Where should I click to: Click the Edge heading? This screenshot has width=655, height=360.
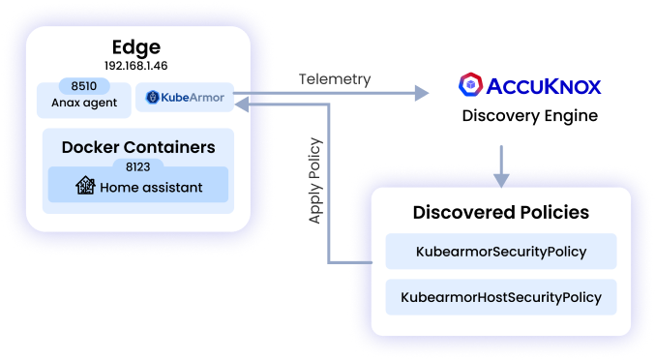(x=135, y=47)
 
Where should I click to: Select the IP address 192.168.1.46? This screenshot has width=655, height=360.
(x=135, y=67)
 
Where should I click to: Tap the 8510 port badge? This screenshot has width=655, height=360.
(x=84, y=84)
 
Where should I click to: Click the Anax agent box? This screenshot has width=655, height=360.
(x=84, y=103)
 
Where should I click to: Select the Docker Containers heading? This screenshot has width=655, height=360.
(x=138, y=147)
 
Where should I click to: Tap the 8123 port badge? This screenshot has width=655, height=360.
(x=138, y=166)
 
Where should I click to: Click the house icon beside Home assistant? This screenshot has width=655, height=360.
(x=85, y=187)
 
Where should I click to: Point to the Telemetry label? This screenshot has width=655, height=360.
(x=334, y=79)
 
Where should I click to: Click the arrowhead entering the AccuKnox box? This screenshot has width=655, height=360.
(x=420, y=93)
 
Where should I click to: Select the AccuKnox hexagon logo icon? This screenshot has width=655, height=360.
(x=470, y=85)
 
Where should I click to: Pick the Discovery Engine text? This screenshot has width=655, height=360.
(x=529, y=116)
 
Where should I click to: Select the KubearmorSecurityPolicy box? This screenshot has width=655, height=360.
(x=500, y=252)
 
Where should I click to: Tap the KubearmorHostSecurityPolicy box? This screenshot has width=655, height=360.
(x=500, y=297)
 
